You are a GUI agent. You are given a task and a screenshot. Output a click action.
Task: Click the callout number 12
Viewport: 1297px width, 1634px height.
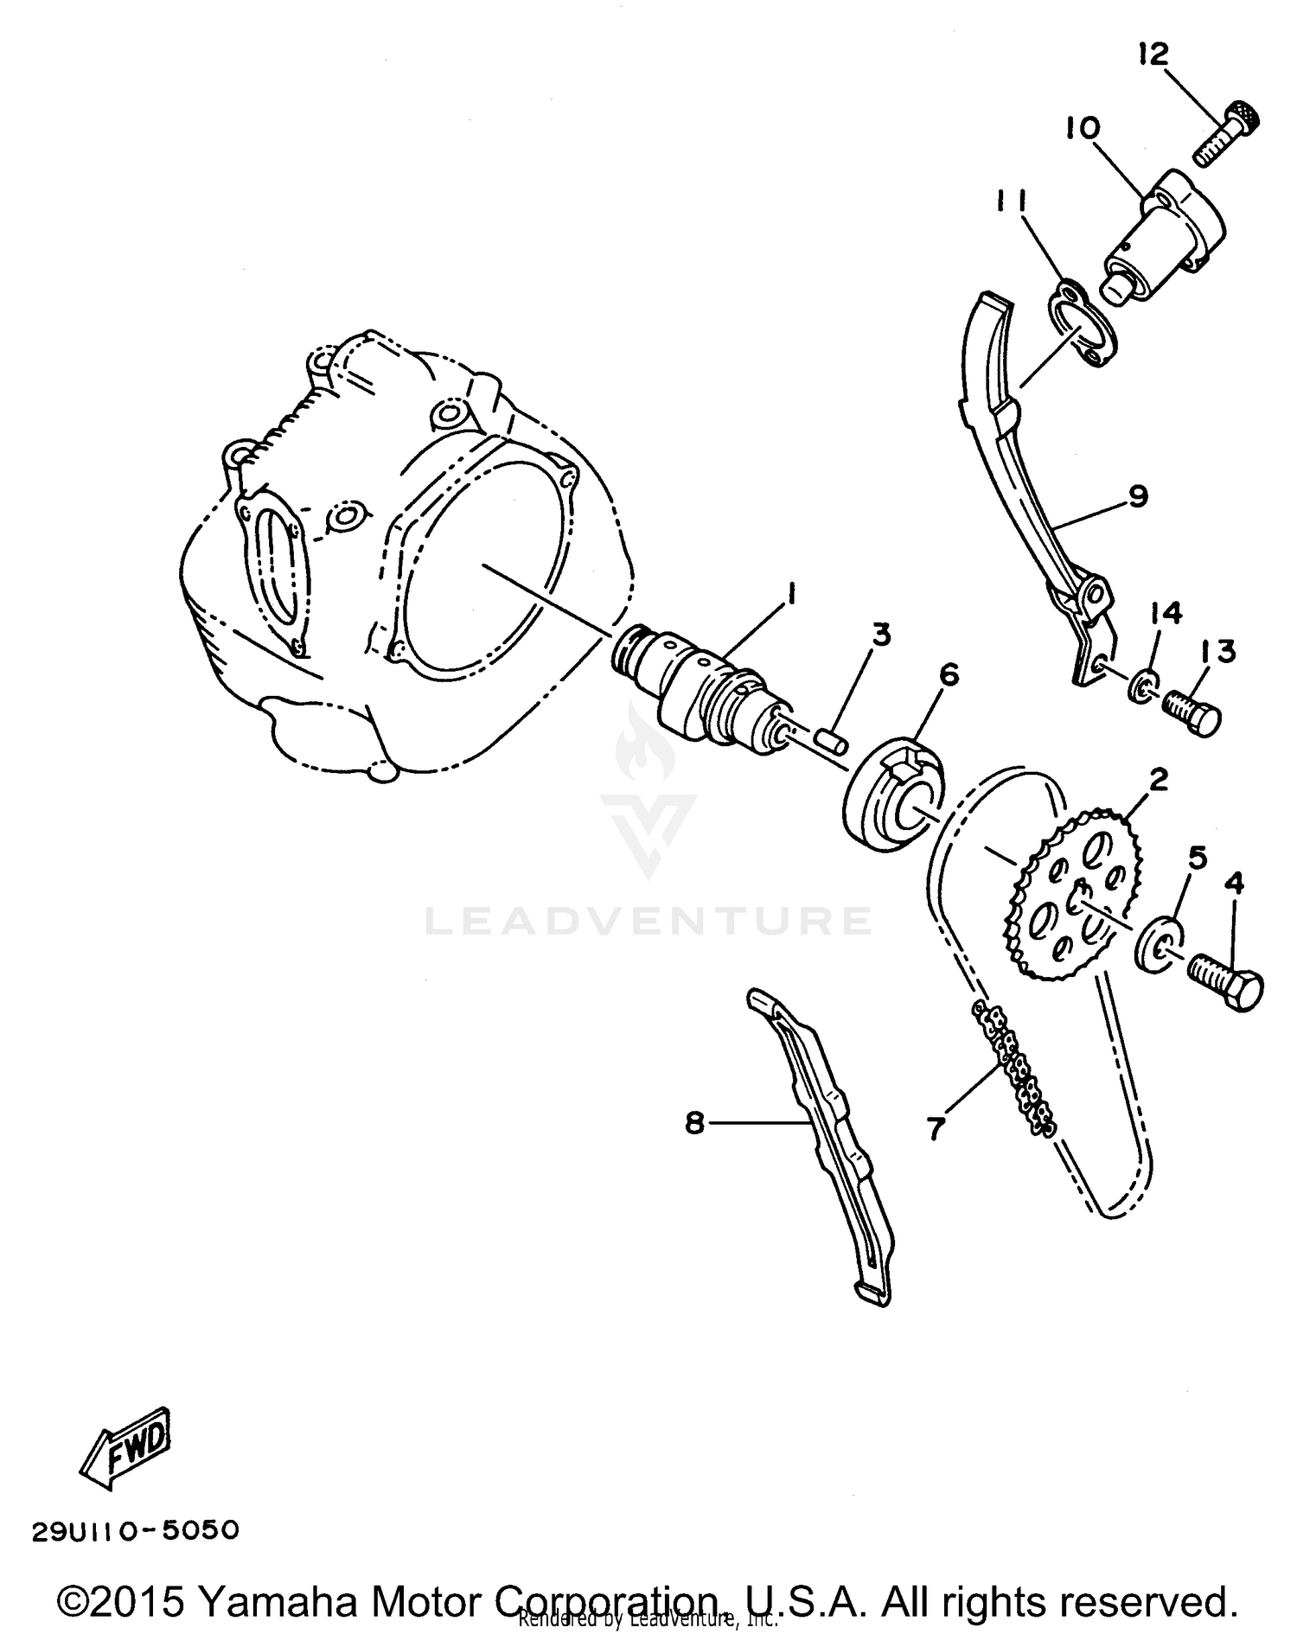[x=1153, y=54]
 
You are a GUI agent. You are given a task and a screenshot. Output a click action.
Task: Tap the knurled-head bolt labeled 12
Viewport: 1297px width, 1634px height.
[x=1225, y=136]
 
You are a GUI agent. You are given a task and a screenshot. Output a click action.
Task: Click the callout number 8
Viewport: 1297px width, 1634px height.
[x=694, y=1123]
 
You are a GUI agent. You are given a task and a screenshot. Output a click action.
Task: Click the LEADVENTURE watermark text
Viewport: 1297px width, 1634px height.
[x=648, y=921]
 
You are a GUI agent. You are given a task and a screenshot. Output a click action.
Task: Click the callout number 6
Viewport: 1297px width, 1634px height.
[x=949, y=673]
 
